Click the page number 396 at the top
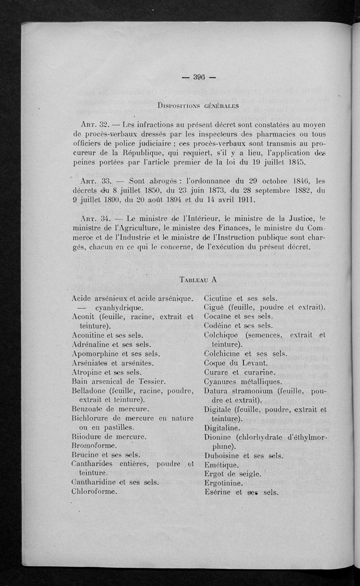click(x=199, y=76)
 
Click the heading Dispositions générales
click(x=199, y=106)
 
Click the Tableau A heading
click(x=198, y=278)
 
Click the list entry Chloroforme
click(x=94, y=491)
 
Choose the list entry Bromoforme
click(x=94, y=446)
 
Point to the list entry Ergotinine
click(x=224, y=483)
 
